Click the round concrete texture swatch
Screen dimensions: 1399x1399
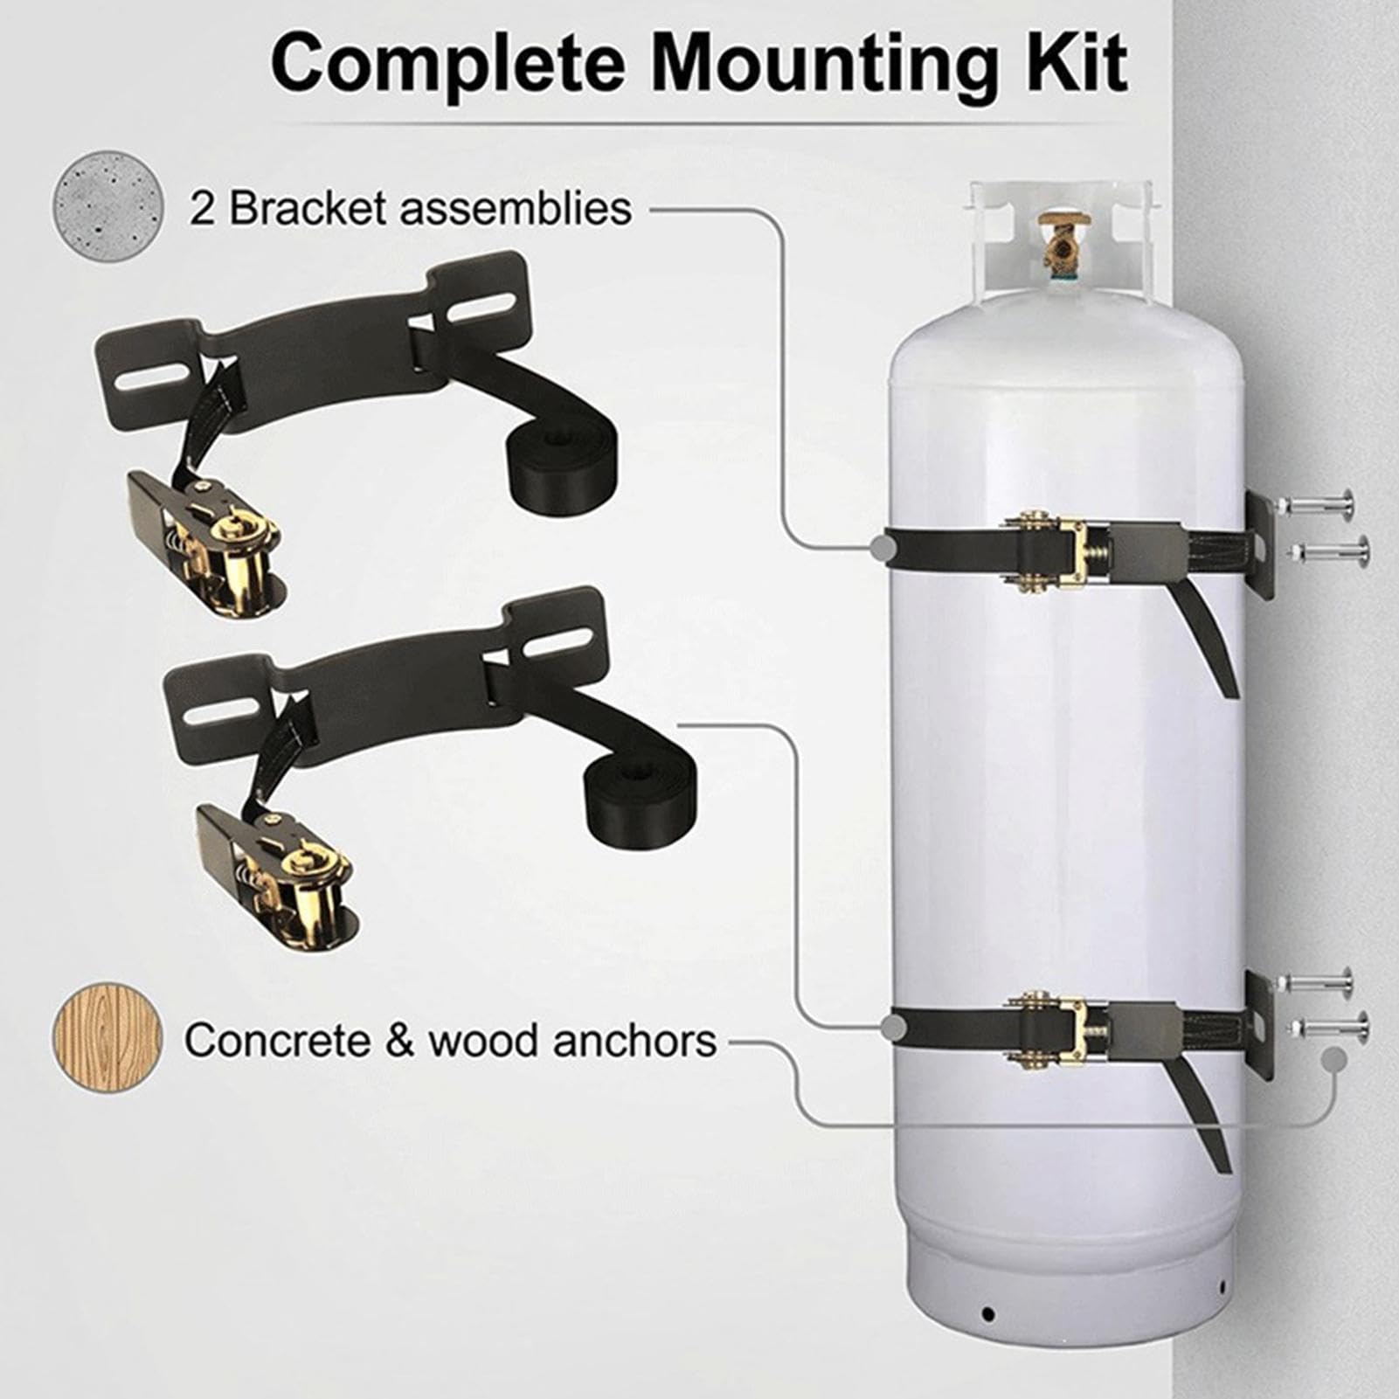(x=108, y=205)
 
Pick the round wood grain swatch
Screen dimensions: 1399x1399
(x=108, y=1039)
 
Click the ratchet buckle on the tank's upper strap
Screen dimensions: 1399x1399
(x=1057, y=551)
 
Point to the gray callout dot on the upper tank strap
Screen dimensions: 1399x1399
(x=883, y=548)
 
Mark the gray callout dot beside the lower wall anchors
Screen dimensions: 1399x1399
(x=1333, y=1060)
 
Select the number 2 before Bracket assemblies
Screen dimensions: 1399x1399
(x=202, y=210)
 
